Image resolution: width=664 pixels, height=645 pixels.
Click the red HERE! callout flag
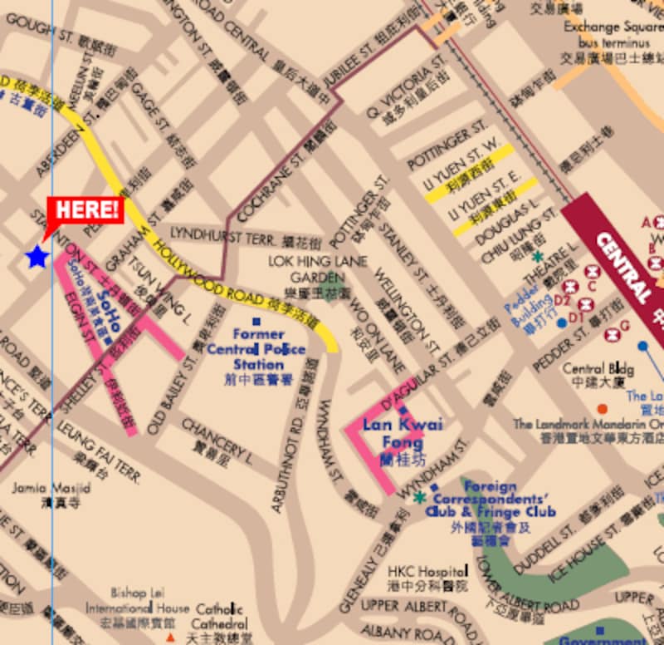click(85, 211)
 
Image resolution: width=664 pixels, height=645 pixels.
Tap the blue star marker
click(37, 257)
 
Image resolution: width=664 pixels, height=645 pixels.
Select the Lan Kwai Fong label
click(403, 435)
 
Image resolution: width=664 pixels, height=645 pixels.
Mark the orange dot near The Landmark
click(602, 408)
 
